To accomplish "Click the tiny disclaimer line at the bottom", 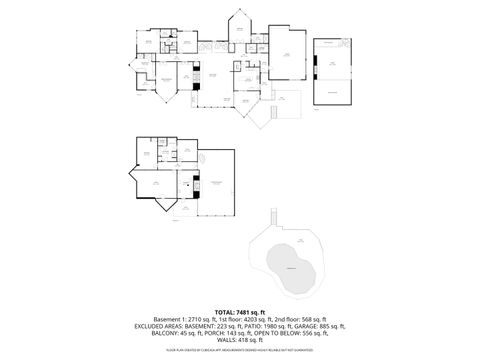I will pyautogui.click(x=240, y=351).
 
